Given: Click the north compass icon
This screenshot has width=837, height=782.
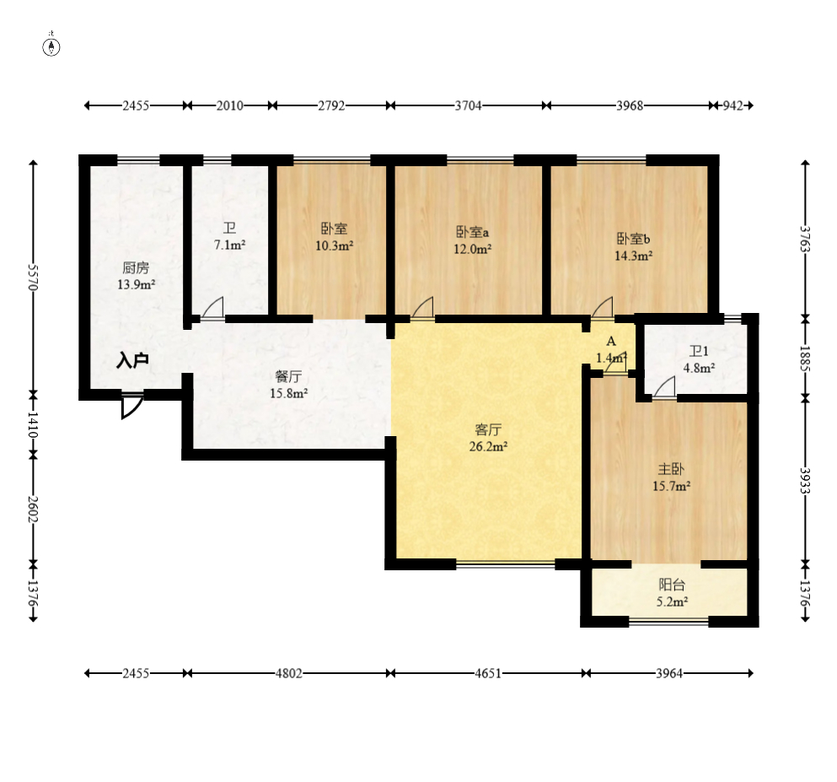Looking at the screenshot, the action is pos(51,46).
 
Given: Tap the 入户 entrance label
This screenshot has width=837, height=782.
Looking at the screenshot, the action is pos(132,361).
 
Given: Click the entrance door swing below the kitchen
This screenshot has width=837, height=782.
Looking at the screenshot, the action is pos(131,405).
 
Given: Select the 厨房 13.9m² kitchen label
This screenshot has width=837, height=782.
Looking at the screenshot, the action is pos(136,276).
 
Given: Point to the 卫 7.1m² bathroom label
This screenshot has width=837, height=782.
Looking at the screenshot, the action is pos(229,237).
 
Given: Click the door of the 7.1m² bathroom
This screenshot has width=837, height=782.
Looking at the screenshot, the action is pos(212,309).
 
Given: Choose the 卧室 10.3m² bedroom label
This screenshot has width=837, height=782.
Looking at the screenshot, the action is pos(334,237).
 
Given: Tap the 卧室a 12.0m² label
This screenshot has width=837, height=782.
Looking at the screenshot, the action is pos(472,240).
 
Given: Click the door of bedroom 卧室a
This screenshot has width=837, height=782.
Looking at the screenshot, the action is pos(422,309).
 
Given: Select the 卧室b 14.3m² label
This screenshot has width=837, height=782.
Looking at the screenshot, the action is pos(634,247).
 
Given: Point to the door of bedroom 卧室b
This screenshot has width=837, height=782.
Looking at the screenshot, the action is pos(603,309).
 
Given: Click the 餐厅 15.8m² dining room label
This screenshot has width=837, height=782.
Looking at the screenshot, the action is pos(288,386).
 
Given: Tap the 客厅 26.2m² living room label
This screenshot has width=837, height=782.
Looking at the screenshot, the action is pos(488,438).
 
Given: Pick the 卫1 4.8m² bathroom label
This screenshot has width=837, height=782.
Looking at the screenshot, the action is pos(700,359).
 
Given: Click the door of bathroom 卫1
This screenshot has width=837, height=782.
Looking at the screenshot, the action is pos(664,388).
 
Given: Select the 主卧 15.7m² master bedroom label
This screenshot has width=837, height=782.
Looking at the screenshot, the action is pos(672,477).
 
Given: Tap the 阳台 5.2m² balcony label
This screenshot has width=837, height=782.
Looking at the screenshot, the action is pos(672,593).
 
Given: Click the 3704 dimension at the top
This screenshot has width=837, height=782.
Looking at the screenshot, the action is pos(468,105).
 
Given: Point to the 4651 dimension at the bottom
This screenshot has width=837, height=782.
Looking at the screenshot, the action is pos(488,673).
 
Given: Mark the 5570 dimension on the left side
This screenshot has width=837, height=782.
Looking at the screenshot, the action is pos(33,277).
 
